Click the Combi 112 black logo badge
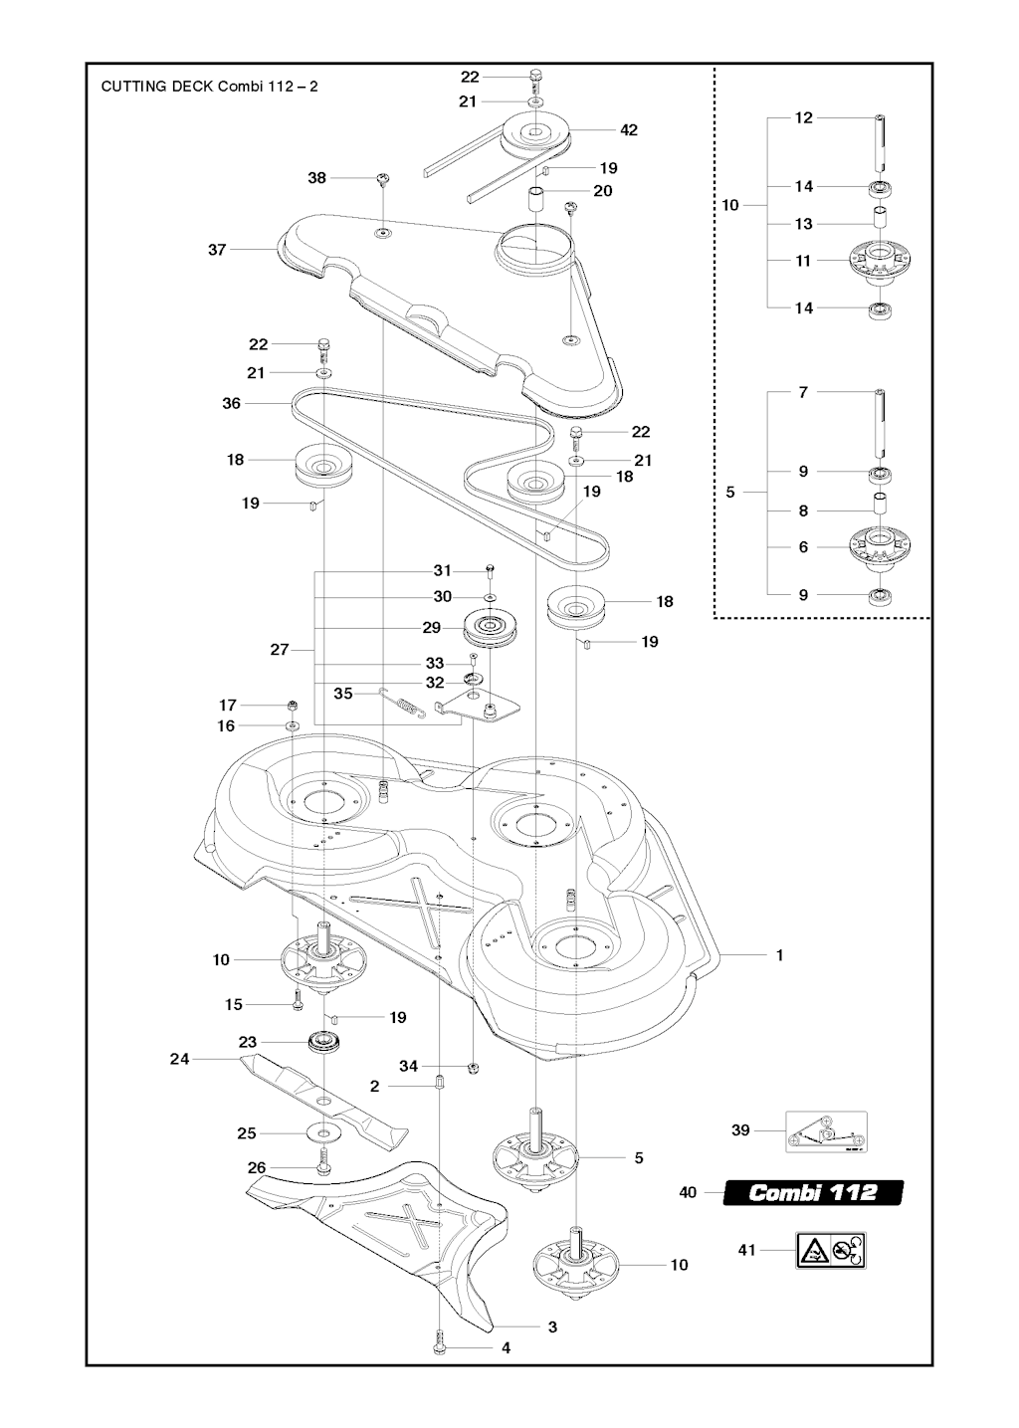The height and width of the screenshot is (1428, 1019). pyautogui.click(x=813, y=1191)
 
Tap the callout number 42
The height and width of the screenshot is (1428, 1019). pyautogui.click(x=628, y=129)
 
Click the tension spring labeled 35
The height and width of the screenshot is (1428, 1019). pyautogui.click(x=404, y=704)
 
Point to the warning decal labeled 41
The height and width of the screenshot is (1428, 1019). pyautogui.click(x=830, y=1250)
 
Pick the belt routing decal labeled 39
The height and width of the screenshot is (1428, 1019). pyautogui.click(x=826, y=1131)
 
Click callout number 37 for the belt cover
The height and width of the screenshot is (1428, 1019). pyautogui.click(x=217, y=250)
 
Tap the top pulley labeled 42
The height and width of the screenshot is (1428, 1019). pyautogui.click(x=534, y=134)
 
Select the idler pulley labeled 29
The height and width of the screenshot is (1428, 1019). pyautogui.click(x=493, y=629)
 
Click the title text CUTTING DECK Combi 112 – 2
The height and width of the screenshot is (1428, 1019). pyautogui.click(x=209, y=86)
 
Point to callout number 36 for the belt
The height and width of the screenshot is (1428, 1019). pyautogui.click(x=231, y=404)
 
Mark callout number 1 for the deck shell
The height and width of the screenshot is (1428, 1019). pyautogui.click(x=780, y=955)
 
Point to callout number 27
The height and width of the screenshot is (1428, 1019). pyautogui.click(x=280, y=650)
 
